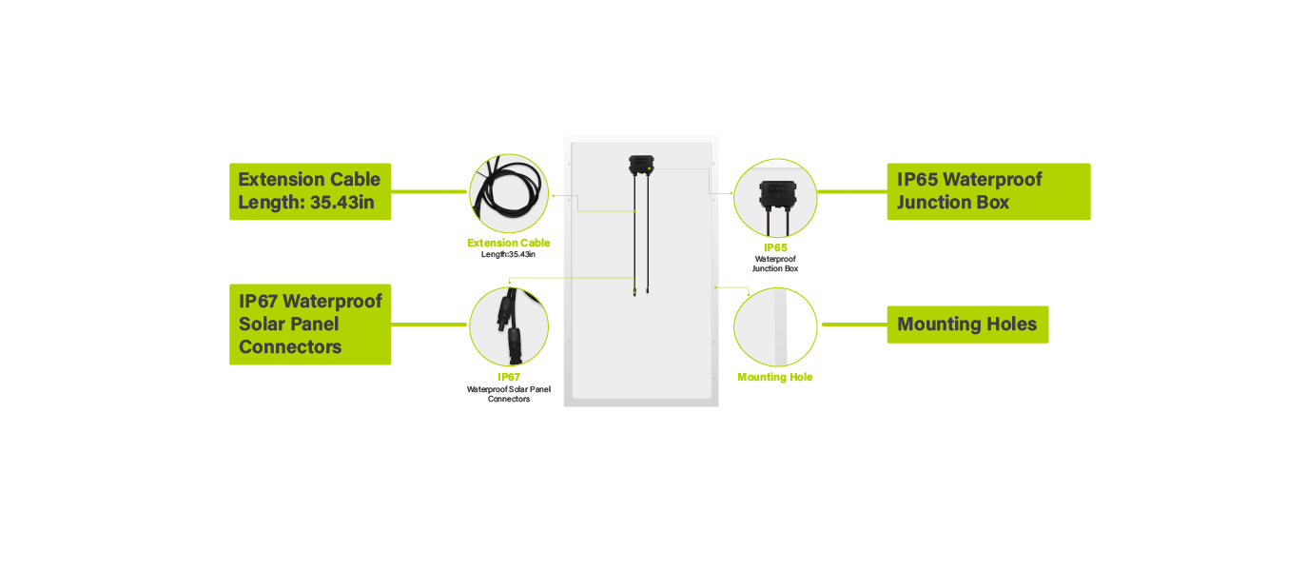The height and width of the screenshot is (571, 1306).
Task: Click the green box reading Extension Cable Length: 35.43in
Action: click(x=310, y=191)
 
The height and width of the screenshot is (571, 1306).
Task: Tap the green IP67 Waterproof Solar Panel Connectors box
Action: click(x=310, y=325)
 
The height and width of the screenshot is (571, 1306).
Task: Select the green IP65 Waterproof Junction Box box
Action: click(x=989, y=191)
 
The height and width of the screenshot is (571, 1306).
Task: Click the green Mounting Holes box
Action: click(x=967, y=325)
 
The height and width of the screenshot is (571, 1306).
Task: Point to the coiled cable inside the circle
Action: click(x=508, y=191)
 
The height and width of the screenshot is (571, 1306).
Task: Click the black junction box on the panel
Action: click(x=641, y=165)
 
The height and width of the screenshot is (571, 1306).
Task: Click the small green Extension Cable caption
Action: click(x=508, y=243)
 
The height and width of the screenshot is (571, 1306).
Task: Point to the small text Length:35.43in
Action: click(x=508, y=254)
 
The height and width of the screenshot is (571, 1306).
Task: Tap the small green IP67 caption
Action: click(x=508, y=378)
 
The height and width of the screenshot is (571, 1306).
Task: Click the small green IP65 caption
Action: click(x=775, y=247)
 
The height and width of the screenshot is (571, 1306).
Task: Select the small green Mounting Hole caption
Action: click(x=775, y=378)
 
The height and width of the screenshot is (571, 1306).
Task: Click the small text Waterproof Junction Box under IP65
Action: click(x=775, y=264)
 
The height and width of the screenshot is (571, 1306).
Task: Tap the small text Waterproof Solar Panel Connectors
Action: click(x=508, y=394)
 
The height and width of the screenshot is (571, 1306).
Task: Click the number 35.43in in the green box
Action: click(x=342, y=203)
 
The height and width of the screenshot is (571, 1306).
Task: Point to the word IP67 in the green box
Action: click(x=258, y=301)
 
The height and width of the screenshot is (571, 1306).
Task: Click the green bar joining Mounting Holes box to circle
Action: click(x=855, y=325)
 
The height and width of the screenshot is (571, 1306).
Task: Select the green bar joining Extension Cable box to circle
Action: click(x=429, y=191)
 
